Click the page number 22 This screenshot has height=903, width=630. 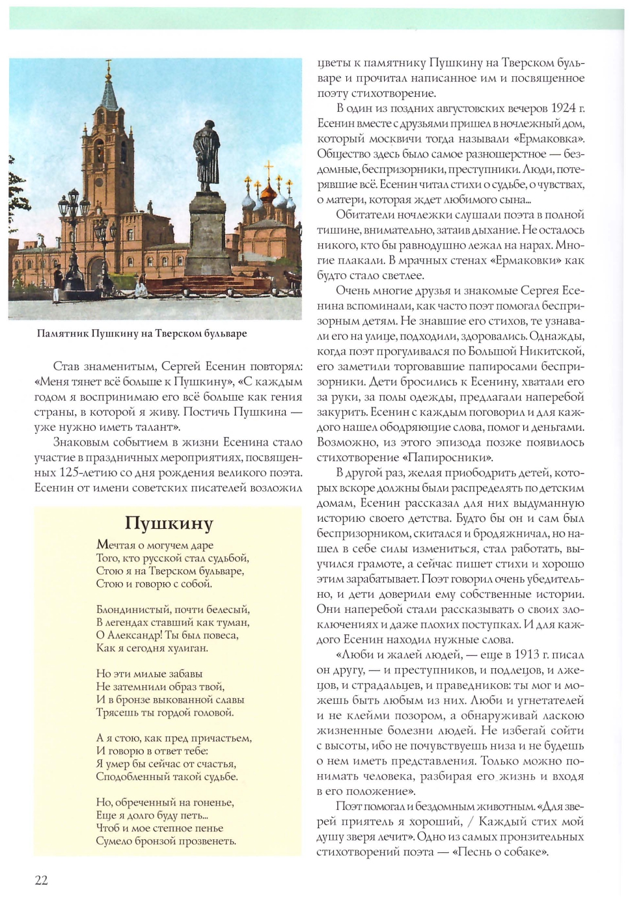pos(41,880)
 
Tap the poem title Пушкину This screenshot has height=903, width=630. pos(169,524)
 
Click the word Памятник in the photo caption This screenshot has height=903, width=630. pos(62,334)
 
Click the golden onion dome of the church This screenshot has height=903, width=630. pos(268,192)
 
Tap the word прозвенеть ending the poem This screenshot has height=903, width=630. pos(208,841)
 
